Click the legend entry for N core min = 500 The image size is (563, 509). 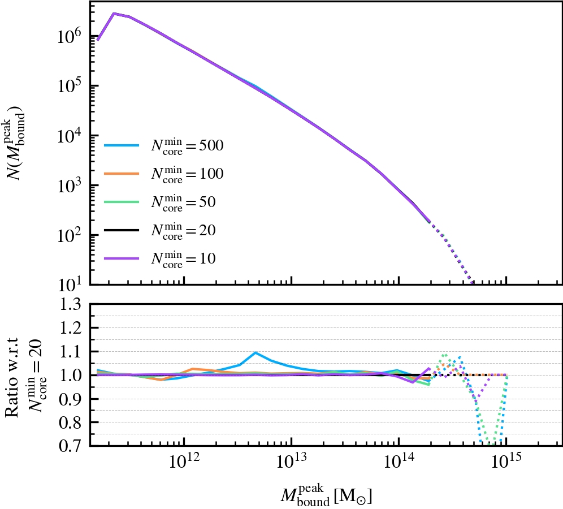click(x=164, y=146)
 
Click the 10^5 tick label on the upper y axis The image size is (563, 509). click(x=71, y=86)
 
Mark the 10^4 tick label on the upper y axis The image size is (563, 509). click(x=71, y=136)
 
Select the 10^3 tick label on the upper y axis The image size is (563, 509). click(x=71, y=186)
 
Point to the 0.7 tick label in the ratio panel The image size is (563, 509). click(x=73, y=446)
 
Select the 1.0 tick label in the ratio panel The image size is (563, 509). click(x=73, y=376)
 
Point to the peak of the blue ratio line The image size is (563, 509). click(x=256, y=352)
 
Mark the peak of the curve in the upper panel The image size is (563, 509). click(x=114, y=13)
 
